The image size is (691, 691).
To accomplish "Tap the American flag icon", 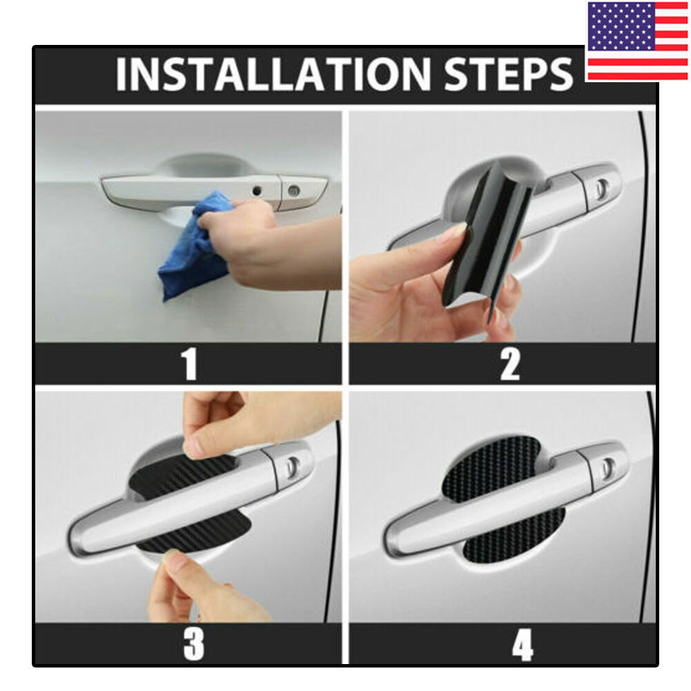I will tap(637, 41).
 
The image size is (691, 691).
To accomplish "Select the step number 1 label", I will tap(189, 364).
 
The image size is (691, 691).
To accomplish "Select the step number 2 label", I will tap(509, 364).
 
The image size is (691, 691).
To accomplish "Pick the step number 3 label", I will tap(193, 644).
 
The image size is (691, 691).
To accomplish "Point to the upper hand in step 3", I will tap(249, 418).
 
